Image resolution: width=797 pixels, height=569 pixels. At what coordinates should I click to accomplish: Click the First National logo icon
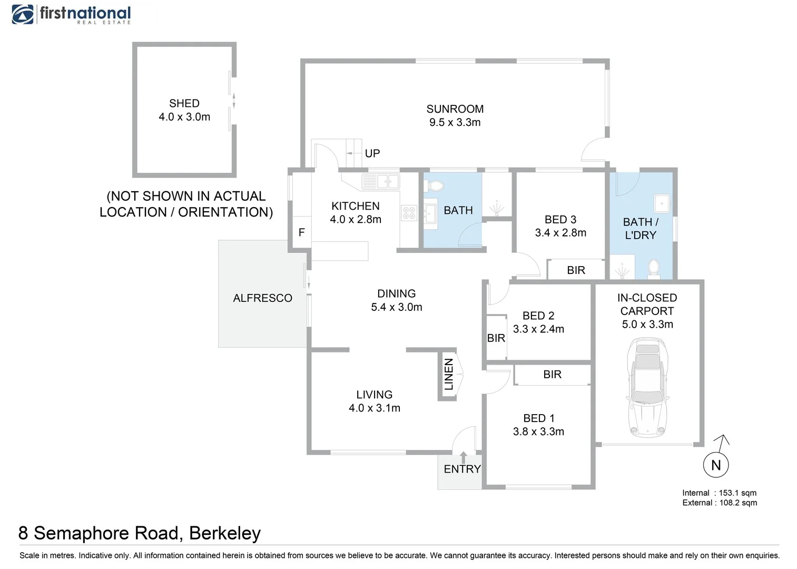click(x=23, y=14)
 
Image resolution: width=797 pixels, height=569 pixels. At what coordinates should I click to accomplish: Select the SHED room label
click(x=184, y=103)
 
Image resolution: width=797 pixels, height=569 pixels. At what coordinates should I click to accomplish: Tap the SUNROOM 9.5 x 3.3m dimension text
click(x=455, y=122)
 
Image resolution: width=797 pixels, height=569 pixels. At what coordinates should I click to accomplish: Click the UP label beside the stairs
click(x=372, y=153)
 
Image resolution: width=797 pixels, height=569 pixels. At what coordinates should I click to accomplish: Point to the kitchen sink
click(x=381, y=182)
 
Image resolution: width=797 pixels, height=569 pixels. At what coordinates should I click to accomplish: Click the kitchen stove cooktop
click(x=409, y=213)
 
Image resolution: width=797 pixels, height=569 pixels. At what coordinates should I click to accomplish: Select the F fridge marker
click(x=301, y=232)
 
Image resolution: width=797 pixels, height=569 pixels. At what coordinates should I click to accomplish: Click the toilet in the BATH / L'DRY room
click(x=654, y=267)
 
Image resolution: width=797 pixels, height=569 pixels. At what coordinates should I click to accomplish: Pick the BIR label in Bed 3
click(x=576, y=270)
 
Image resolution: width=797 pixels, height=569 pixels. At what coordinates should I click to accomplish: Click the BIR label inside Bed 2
click(x=496, y=338)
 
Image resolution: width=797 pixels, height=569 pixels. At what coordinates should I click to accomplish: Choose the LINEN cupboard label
click(x=449, y=374)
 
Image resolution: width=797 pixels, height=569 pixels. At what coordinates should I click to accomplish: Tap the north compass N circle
click(x=716, y=465)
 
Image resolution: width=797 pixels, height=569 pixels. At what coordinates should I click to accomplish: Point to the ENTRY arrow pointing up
click(x=463, y=457)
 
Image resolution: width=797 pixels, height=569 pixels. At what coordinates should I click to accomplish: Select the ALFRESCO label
click(x=262, y=298)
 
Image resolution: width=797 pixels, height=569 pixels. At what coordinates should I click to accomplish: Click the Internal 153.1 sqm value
click(x=737, y=493)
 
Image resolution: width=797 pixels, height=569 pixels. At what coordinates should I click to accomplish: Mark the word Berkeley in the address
click(x=225, y=533)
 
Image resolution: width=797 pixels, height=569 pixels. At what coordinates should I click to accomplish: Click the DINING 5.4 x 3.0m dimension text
click(x=396, y=307)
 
